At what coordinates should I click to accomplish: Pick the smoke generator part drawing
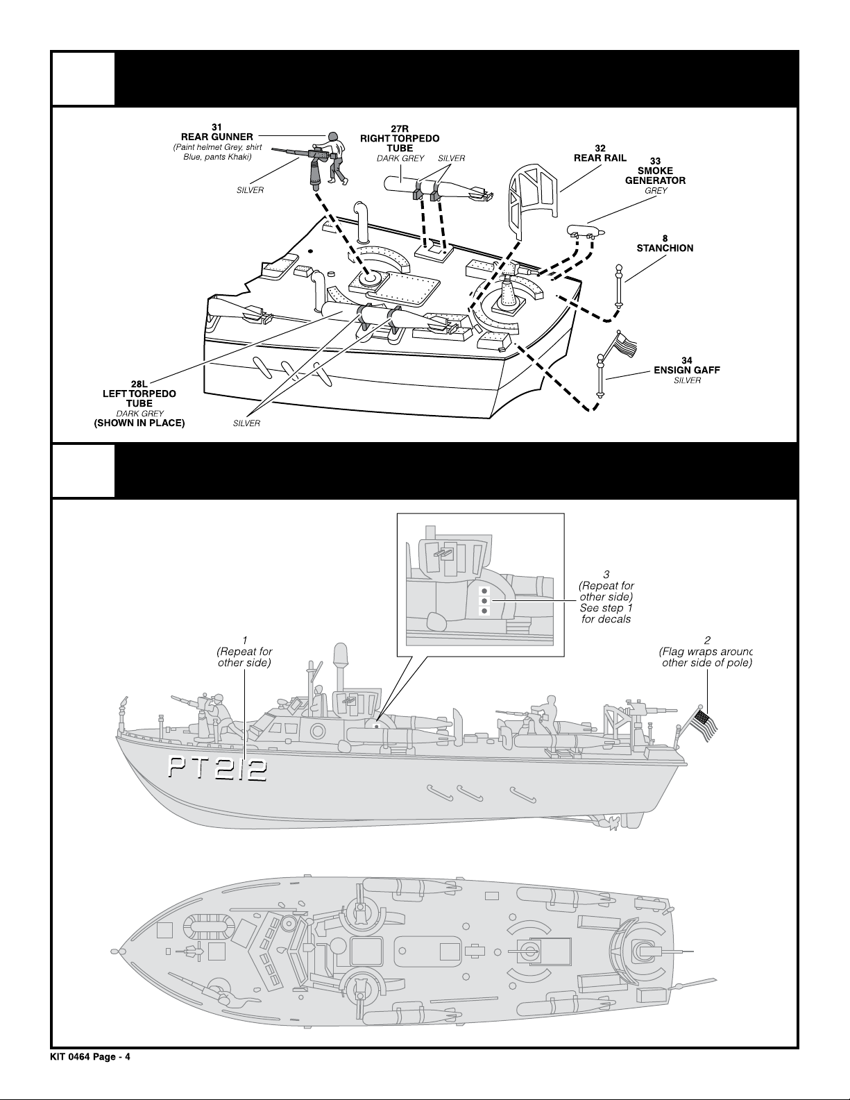pyautogui.click(x=586, y=230)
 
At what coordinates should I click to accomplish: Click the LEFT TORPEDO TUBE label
pyautogui.click(x=139, y=394)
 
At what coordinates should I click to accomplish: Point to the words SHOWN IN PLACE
pyautogui.click(x=139, y=423)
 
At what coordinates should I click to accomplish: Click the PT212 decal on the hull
pyautogui.click(x=215, y=769)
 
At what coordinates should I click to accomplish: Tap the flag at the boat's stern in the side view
pyautogui.click(x=704, y=725)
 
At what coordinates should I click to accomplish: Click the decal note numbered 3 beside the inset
pyautogui.click(x=606, y=596)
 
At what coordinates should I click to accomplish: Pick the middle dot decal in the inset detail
pyautogui.click(x=485, y=601)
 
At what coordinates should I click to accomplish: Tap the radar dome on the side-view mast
pyautogui.click(x=341, y=655)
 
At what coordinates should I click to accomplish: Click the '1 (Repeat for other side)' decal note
pyautogui.click(x=244, y=652)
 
